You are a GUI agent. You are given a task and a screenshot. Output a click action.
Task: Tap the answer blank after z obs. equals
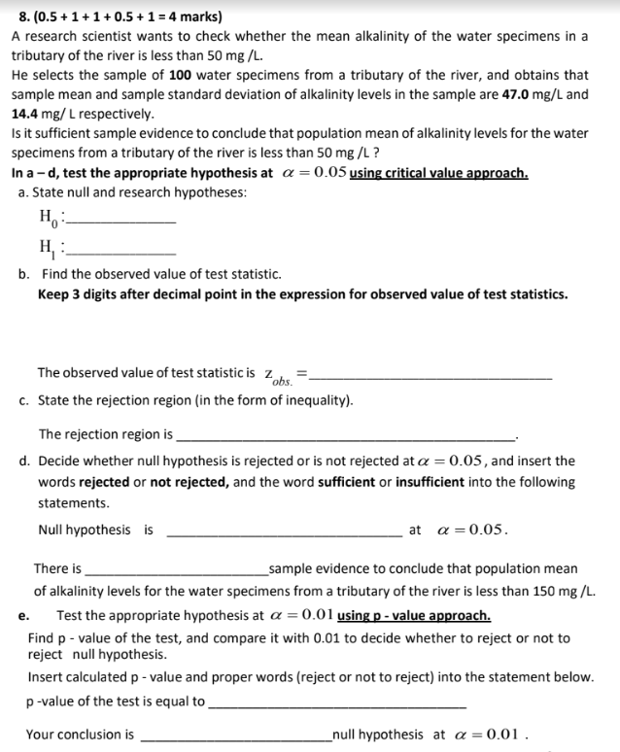coord(430,376)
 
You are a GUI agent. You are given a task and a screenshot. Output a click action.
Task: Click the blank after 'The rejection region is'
coord(347,438)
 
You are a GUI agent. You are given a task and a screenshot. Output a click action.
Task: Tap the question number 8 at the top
coord(14,17)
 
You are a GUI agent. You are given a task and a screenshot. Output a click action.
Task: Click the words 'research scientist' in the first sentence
coord(81,36)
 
